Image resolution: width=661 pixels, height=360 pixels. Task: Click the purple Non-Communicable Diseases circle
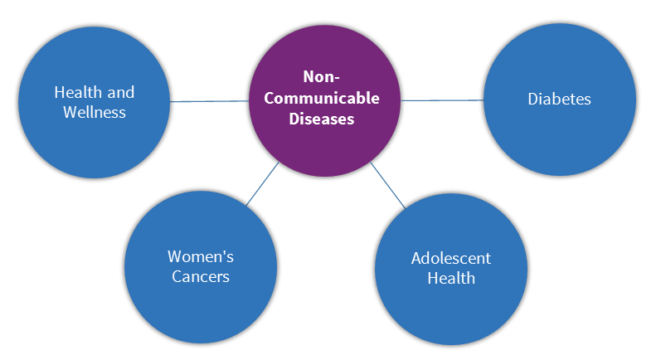pos(324,100)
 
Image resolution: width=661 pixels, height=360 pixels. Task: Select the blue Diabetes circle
pos(560,100)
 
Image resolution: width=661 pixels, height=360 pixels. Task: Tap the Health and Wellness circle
pos(95,102)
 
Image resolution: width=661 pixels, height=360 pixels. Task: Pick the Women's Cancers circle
pos(201,267)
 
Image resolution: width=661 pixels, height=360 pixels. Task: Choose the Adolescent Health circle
pos(451,269)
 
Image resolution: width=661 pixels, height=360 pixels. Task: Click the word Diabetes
pos(560,99)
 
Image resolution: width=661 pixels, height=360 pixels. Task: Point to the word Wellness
pos(95,113)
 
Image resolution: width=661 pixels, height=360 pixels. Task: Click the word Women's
pos(201,256)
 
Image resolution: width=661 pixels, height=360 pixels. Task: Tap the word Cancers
pos(201,276)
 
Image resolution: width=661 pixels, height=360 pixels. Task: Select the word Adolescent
pos(451,259)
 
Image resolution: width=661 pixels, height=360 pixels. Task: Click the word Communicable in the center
pos(322,98)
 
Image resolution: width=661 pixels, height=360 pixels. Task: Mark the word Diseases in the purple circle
pos(322,119)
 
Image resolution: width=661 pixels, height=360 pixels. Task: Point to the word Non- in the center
pos(322,76)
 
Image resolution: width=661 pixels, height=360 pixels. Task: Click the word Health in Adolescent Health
pos(451,278)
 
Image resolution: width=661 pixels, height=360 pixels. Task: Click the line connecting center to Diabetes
pos(442,100)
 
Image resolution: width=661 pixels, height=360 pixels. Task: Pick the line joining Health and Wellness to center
pos(210,101)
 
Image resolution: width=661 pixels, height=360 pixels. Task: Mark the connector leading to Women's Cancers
pos(262,184)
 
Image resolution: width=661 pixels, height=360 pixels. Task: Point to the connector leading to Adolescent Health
pos(388,185)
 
